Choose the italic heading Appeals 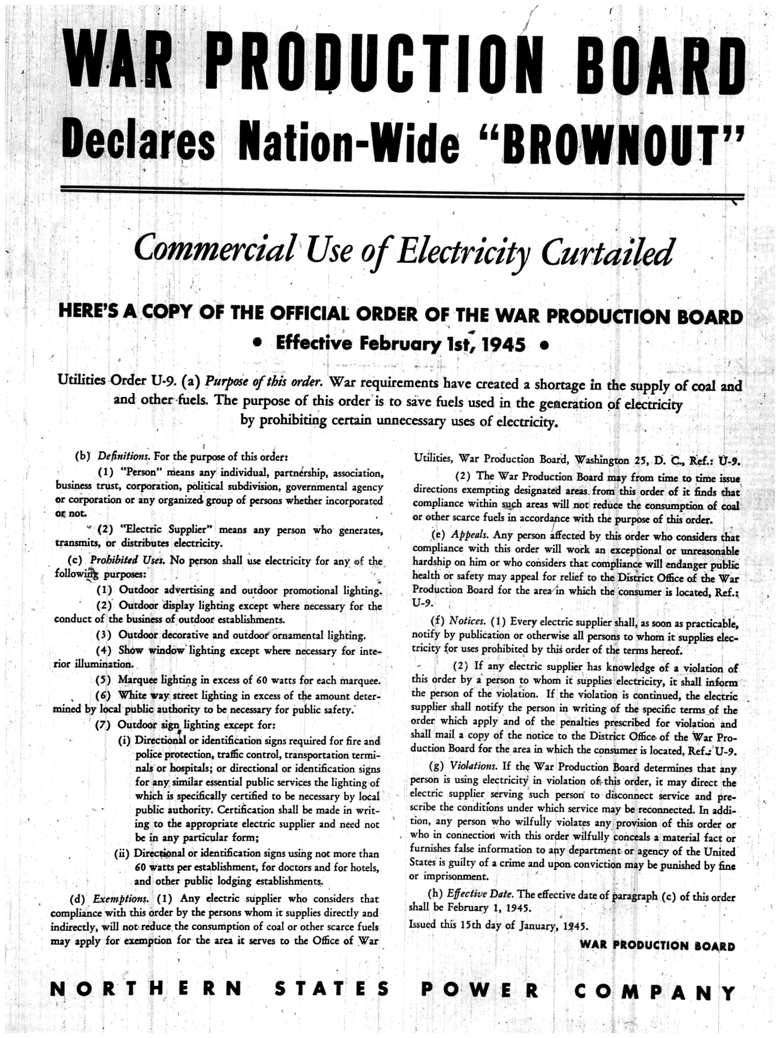click(x=470, y=535)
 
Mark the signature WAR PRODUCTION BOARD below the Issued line click(x=657, y=945)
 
